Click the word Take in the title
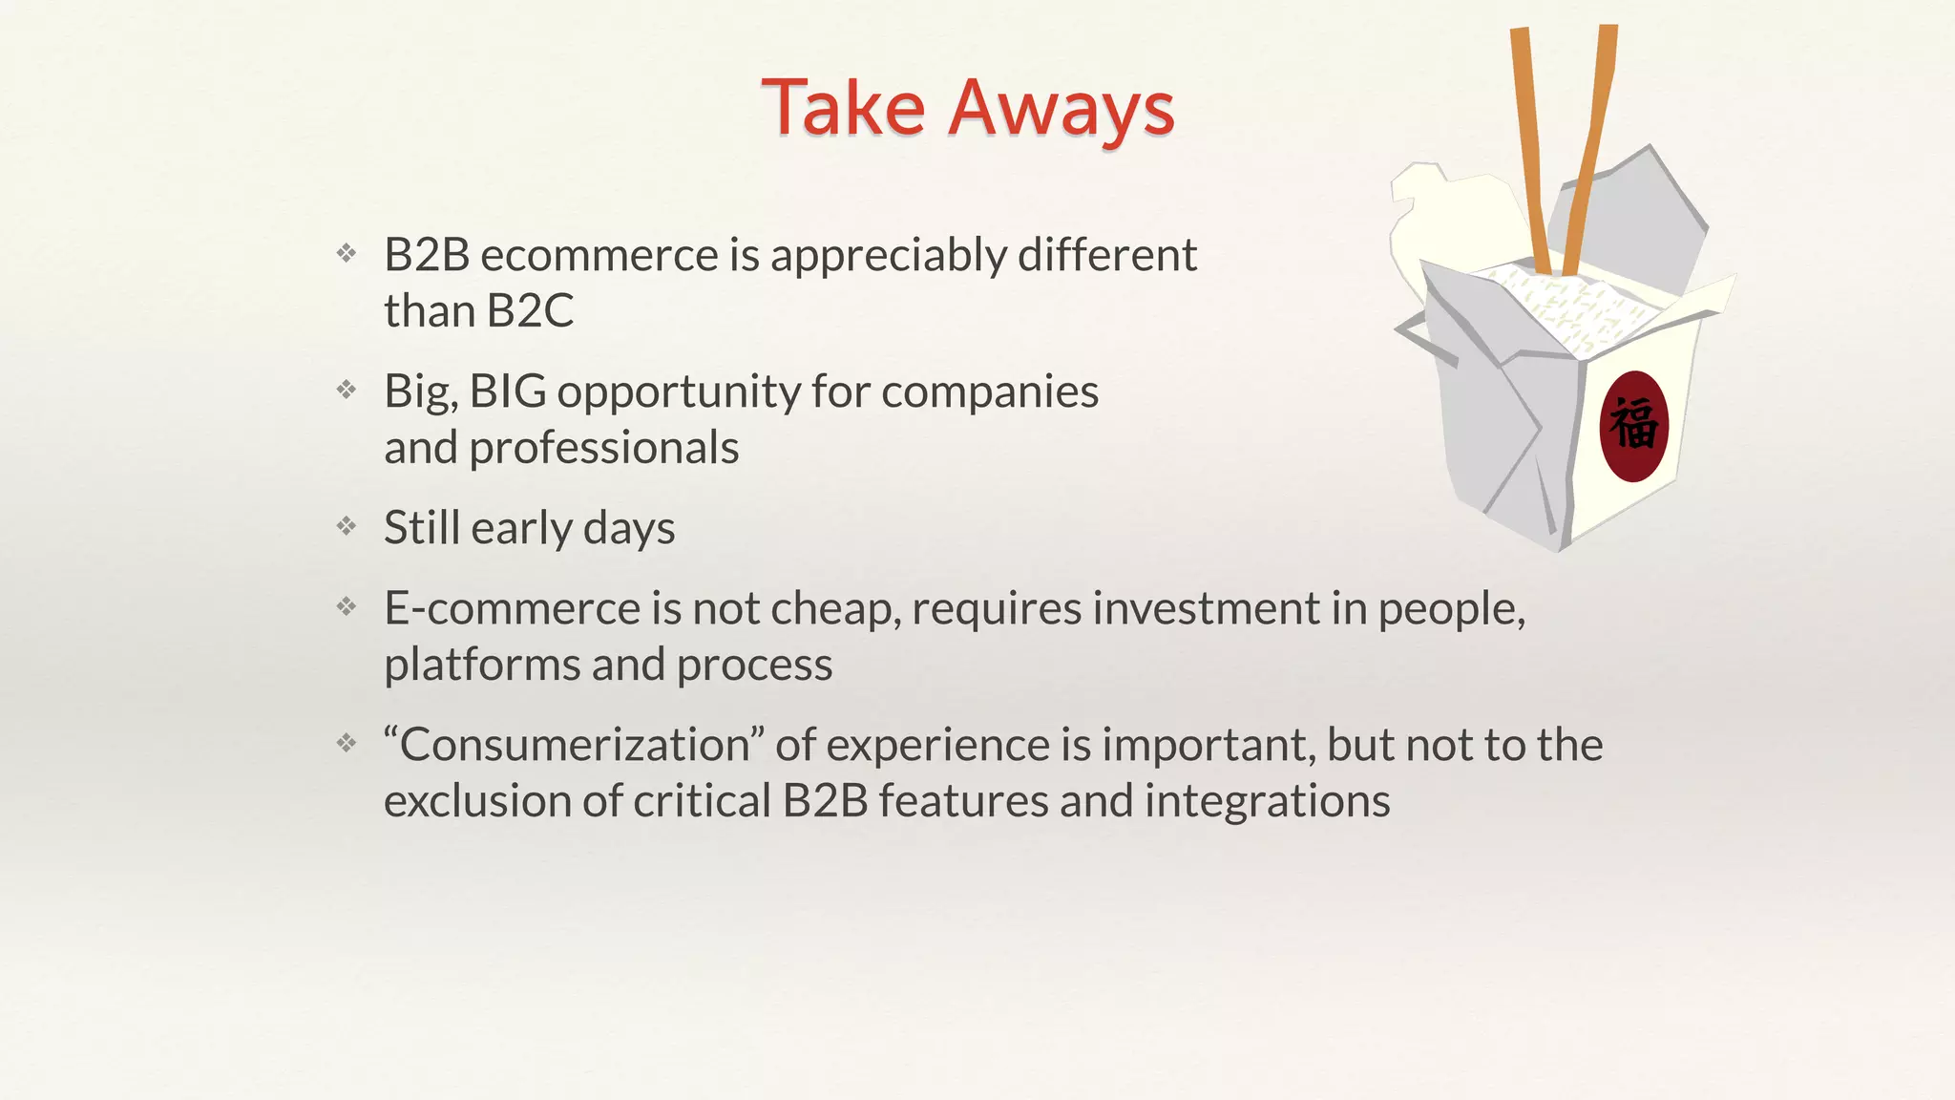(x=843, y=107)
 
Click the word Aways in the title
(x=1061, y=109)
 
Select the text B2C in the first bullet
(x=530, y=311)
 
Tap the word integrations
(x=1267, y=801)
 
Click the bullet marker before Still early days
(x=347, y=526)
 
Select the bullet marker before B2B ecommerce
(x=347, y=253)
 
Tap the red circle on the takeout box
(x=1633, y=426)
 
